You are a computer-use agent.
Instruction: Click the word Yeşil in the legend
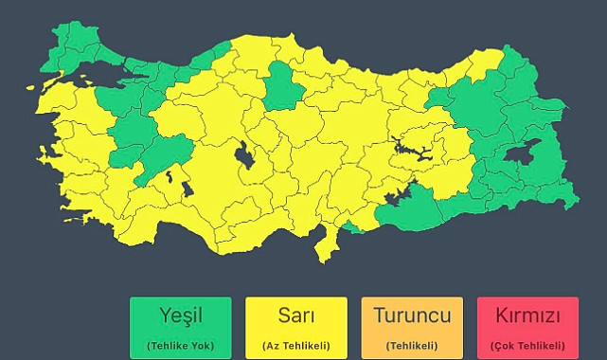180,315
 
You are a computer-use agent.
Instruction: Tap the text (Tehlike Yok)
180,346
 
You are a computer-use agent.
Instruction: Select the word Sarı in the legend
296,315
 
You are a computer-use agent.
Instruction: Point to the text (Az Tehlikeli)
296,346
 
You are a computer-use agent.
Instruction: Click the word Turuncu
412,315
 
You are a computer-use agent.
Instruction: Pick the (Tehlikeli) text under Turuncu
412,346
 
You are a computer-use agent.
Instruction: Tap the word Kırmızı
528,315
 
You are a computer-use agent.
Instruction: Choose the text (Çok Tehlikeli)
528,346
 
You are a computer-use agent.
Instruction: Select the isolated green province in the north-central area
281,86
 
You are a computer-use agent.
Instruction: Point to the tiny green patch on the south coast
353,227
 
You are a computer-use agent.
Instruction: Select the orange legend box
412,327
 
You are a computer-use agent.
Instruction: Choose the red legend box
528,327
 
